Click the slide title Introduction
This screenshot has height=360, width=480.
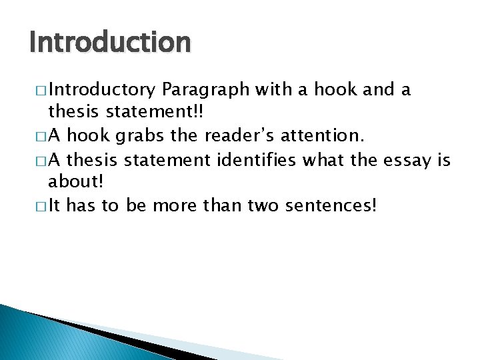click(110, 43)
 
